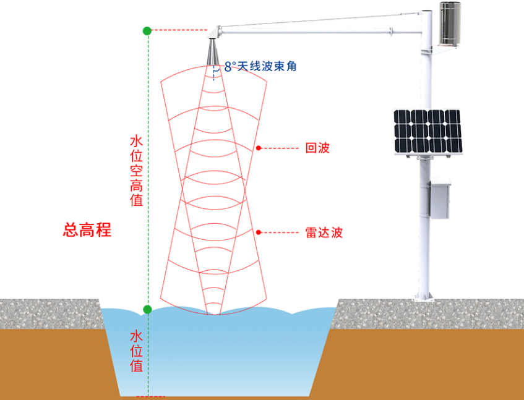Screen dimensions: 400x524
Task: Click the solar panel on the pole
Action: [427, 132]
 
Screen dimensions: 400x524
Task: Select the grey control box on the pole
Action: [440, 198]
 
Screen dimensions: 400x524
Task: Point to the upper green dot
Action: [147, 30]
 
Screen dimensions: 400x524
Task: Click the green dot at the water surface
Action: [147, 309]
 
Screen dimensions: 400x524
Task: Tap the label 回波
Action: [317, 148]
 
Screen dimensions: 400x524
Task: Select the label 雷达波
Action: [324, 232]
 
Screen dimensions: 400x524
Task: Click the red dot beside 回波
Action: [259, 148]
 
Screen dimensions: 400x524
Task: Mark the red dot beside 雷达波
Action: [259, 232]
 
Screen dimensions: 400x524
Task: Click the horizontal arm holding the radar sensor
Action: [322, 23]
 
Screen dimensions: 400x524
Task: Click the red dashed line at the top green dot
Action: [179, 30]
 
